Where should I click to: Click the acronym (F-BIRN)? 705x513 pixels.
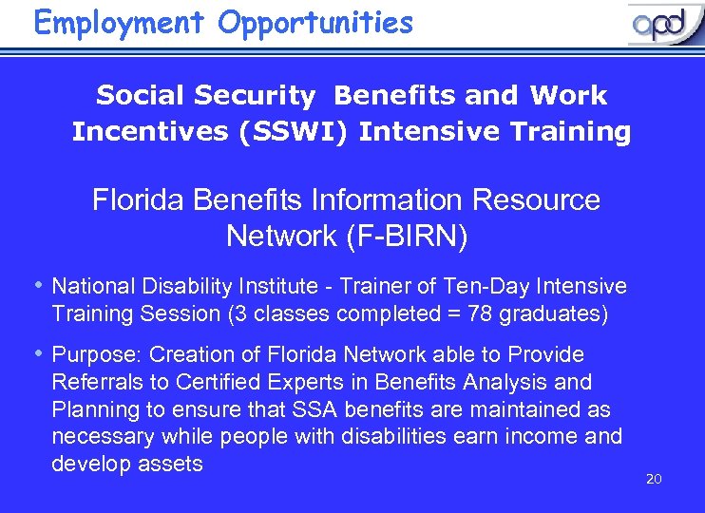401,235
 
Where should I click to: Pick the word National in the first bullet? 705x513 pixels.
93,286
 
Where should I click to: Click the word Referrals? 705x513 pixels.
96,382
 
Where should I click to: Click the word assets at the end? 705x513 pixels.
172,464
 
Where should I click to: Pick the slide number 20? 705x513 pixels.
653,479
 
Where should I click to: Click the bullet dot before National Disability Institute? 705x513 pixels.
38,285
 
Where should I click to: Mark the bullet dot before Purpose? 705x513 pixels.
38,353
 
